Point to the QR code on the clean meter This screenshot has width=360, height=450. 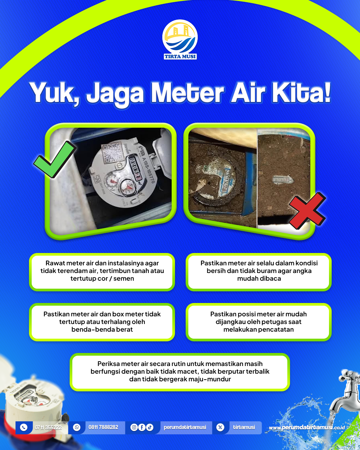click(x=111, y=152)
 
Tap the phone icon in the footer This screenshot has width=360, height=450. click(x=24, y=427)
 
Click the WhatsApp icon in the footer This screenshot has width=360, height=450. click(x=77, y=427)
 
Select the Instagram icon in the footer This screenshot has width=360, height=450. click(x=134, y=427)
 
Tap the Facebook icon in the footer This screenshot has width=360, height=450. click(x=142, y=427)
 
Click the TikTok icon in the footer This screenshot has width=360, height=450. click(x=150, y=427)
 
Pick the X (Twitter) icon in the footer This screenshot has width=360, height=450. click(x=220, y=427)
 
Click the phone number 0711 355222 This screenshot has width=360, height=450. click(x=48, y=427)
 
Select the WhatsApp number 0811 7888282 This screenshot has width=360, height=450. click(x=103, y=427)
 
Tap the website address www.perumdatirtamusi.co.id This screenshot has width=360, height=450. click(x=307, y=427)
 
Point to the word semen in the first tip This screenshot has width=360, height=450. click(x=124, y=279)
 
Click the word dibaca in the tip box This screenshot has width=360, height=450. click(x=271, y=279)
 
